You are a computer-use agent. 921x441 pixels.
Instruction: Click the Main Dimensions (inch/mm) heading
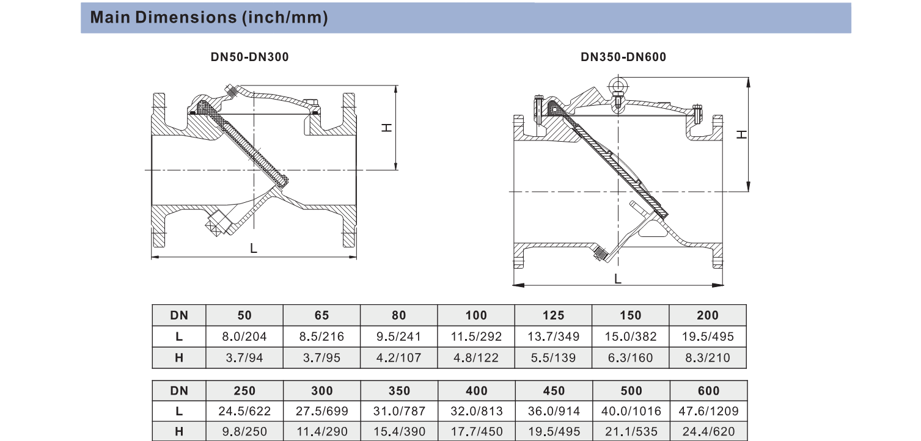(209, 18)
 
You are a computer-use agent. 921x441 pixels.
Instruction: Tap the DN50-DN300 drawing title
(249, 57)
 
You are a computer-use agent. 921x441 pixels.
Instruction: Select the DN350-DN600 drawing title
(623, 57)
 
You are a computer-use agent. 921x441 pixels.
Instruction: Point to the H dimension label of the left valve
(387, 128)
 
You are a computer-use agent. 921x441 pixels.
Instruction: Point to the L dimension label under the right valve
(617, 279)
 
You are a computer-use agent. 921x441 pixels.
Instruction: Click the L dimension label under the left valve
(253, 248)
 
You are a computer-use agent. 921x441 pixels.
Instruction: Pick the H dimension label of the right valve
(741, 134)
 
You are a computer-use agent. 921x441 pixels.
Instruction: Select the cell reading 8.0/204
(244, 337)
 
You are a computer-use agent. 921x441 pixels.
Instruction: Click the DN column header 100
(476, 315)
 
